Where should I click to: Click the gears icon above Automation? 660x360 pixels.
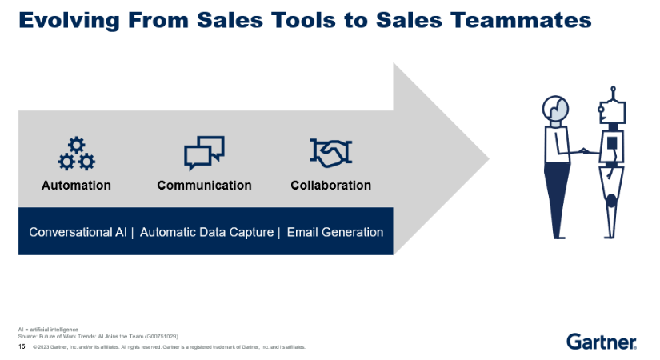pos(76,154)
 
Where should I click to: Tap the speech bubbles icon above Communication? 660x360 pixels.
pos(204,153)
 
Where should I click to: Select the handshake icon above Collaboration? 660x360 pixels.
pos(330,153)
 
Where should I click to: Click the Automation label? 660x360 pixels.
pos(76,186)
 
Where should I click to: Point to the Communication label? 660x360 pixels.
pos(204,186)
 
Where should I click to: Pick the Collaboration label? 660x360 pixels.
pos(330,186)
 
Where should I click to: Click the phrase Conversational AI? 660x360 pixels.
pos(78,232)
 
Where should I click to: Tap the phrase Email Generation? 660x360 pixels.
pos(334,232)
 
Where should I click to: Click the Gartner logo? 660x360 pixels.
pos(602,342)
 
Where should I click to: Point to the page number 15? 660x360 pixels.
pos(22,347)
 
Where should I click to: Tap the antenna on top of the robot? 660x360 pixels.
pos(613,90)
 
